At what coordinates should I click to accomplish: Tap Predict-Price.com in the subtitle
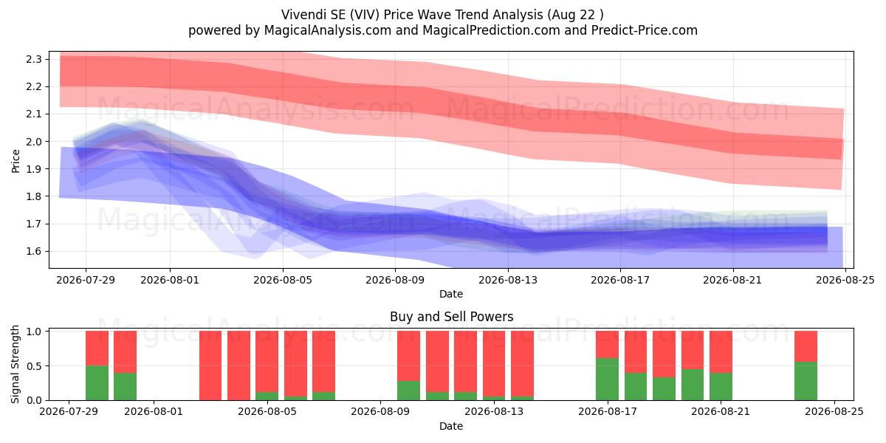tap(644, 30)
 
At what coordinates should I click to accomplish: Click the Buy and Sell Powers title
tap(451, 317)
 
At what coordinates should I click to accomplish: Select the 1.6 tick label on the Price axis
tap(33, 251)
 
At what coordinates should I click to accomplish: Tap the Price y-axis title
tap(16, 161)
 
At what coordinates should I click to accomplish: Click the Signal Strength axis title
tap(15, 364)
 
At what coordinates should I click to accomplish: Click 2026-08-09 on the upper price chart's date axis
tap(395, 280)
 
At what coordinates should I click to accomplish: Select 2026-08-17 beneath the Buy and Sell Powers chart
tap(608, 411)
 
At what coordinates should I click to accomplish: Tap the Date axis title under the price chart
tap(451, 294)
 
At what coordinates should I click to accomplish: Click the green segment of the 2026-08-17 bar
tap(607, 379)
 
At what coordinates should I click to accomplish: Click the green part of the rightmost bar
tap(806, 381)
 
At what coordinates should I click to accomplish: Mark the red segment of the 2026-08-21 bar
tap(721, 351)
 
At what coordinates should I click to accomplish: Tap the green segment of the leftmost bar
tap(97, 383)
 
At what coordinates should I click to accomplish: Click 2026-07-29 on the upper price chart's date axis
tap(86, 280)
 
